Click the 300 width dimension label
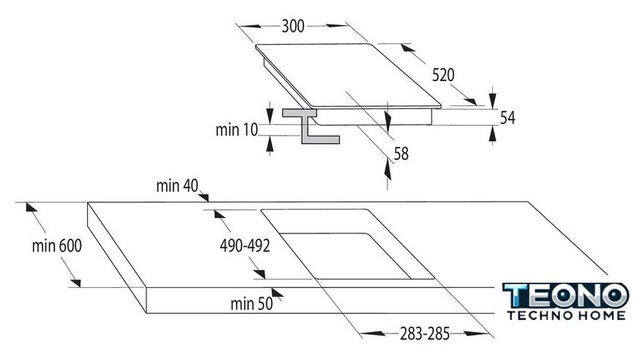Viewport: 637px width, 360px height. pyautogui.click(x=293, y=27)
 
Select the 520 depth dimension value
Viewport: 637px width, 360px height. pyautogui.click(x=443, y=75)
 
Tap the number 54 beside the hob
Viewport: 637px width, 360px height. pyautogui.click(x=507, y=117)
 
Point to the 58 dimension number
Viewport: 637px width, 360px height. pyautogui.click(x=401, y=154)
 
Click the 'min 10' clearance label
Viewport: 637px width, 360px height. pyautogui.click(x=237, y=130)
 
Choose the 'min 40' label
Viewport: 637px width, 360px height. pyautogui.click(x=177, y=186)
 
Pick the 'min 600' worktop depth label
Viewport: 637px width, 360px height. pyautogui.click(x=57, y=246)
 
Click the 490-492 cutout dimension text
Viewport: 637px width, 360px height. pyautogui.click(x=245, y=246)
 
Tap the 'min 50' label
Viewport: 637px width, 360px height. pyautogui.click(x=252, y=304)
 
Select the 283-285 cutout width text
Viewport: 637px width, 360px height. pyautogui.click(x=425, y=333)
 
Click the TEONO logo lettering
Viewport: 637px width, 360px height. pyautogui.click(x=566, y=296)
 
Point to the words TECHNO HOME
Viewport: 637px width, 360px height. pyautogui.click(x=566, y=315)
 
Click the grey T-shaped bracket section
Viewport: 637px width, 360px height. pyautogui.click(x=311, y=126)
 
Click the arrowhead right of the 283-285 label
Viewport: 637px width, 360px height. pyautogui.click(x=475, y=333)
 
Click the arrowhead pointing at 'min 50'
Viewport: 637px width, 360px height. pyautogui.click(x=278, y=293)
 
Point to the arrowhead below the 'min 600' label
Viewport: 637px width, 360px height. pyautogui.click(x=75, y=283)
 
